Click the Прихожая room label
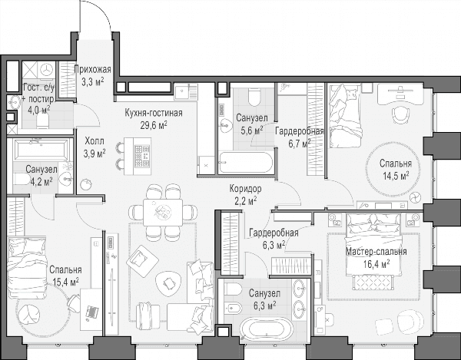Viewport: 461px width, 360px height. click(93, 70)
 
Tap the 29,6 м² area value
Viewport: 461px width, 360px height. click(154, 125)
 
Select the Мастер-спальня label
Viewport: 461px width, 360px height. click(376, 252)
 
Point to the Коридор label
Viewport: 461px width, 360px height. click(245, 189)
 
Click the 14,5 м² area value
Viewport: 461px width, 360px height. click(396, 176)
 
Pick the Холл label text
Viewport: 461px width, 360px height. click(95, 141)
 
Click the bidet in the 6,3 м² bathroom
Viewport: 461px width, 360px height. click(233, 309)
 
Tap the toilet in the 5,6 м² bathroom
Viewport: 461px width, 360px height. click(254, 97)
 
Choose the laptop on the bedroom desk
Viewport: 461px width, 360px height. click(91, 312)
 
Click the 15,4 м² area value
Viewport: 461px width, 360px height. click(65, 282)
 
